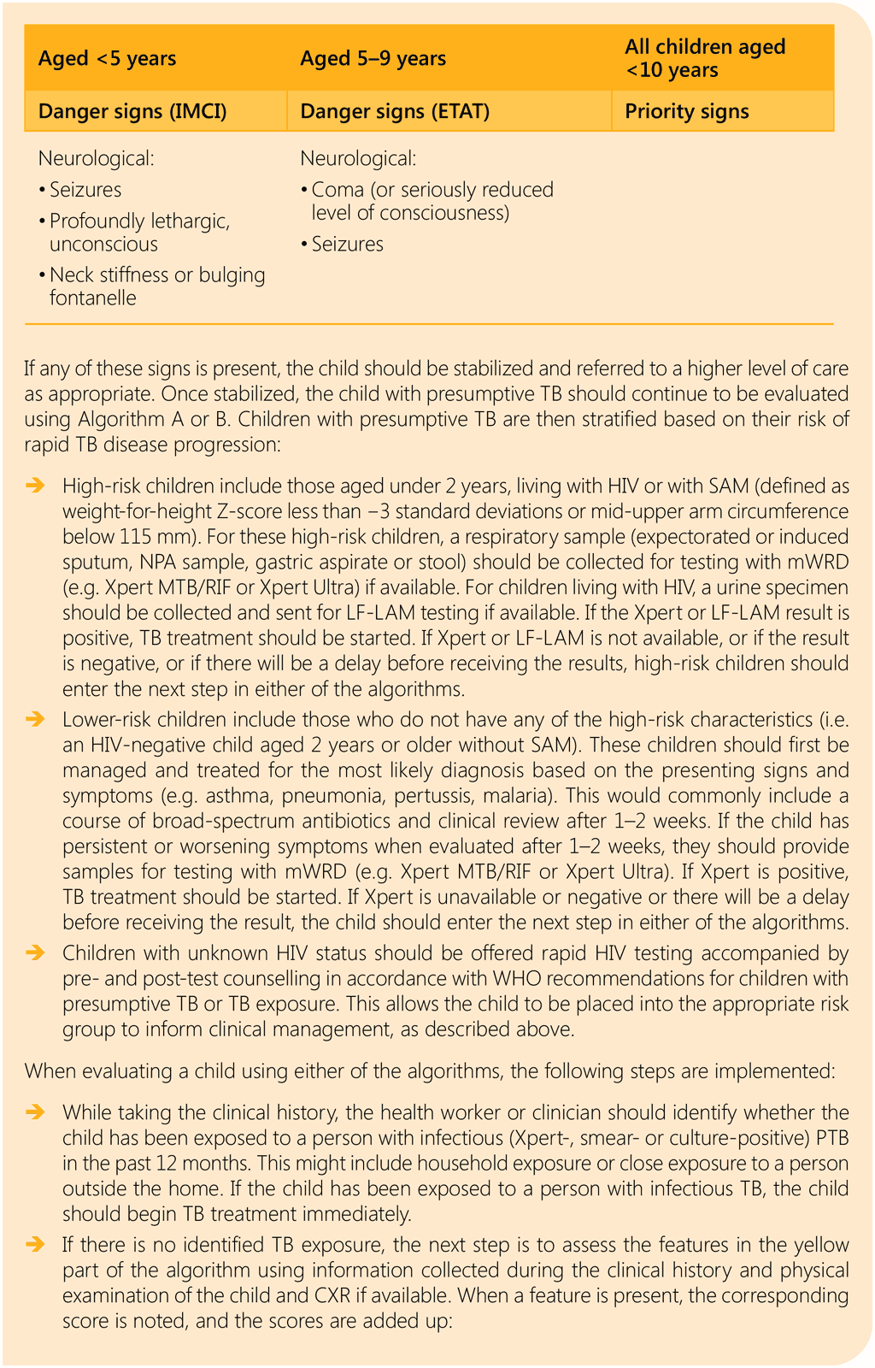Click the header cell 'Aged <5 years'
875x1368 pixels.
tap(108, 58)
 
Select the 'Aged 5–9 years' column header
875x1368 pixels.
tap(373, 58)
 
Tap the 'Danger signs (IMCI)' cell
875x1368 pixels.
tap(133, 111)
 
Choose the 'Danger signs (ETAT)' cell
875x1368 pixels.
tap(395, 111)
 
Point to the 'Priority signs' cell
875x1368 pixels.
tap(687, 111)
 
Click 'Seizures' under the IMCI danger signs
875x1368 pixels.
tap(85, 190)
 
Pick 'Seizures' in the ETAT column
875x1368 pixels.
tap(347, 245)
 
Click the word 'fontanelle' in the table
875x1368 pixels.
tap(92, 298)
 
